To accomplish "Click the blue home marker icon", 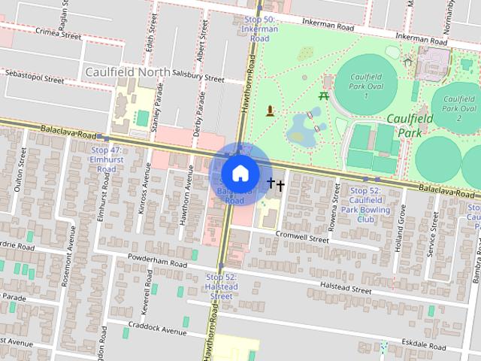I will (x=240, y=172).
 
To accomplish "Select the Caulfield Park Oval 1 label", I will (x=366, y=86).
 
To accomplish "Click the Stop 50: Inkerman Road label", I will (x=260, y=29).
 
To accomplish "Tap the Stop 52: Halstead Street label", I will (x=222, y=287).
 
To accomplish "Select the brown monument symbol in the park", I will (x=270, y=113).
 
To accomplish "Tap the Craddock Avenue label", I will (x=157, y=331).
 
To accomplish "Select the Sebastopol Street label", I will (x=35, y=77).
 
